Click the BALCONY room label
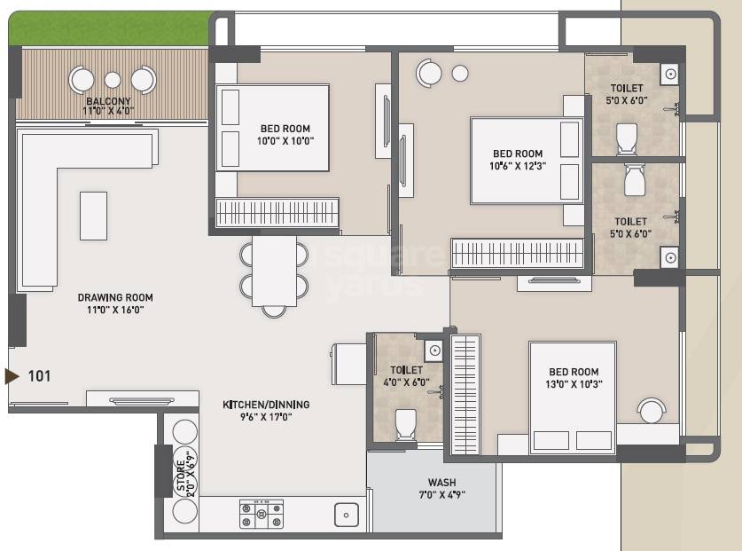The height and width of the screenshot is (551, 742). click(107, 101)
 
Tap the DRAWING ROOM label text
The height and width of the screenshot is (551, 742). click(115, 298)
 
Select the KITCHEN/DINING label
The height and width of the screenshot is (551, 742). click(266, 405)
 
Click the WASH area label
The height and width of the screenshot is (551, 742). click(441, 483)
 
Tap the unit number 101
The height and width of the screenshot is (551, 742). click(39, 376)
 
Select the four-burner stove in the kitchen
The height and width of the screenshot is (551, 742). click(262, 514)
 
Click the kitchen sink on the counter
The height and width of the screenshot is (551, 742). click(346, 514)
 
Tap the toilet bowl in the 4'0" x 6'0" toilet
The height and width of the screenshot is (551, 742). click(406, 424)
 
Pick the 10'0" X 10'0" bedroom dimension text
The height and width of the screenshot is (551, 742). click(286, 140)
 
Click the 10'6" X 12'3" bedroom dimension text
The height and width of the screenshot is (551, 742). click(518, 166)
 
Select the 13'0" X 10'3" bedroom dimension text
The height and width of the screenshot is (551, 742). click(573, 385)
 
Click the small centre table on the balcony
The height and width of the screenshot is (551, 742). click(113, 80)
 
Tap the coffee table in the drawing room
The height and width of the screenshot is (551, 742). click(93, 216)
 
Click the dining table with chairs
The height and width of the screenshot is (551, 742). click(274, 271)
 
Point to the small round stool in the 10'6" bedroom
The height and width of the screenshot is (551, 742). click(459, 74)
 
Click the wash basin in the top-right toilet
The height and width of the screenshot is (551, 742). click(671, 75)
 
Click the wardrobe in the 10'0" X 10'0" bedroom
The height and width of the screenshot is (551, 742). click(277, 213)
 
